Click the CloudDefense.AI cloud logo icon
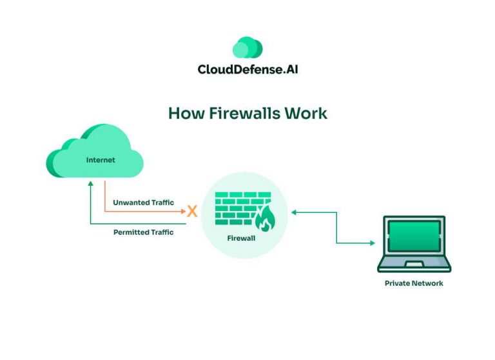(247, 48)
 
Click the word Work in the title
(307, 114)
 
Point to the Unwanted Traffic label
(143, 203)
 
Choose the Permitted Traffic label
(143, 232)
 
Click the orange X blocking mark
(191, 211)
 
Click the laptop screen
(414, 235)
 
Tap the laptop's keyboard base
(414, 264)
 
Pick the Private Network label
(414, 283)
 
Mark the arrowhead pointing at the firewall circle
(294, 211)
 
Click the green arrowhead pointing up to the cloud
(91, 183)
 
